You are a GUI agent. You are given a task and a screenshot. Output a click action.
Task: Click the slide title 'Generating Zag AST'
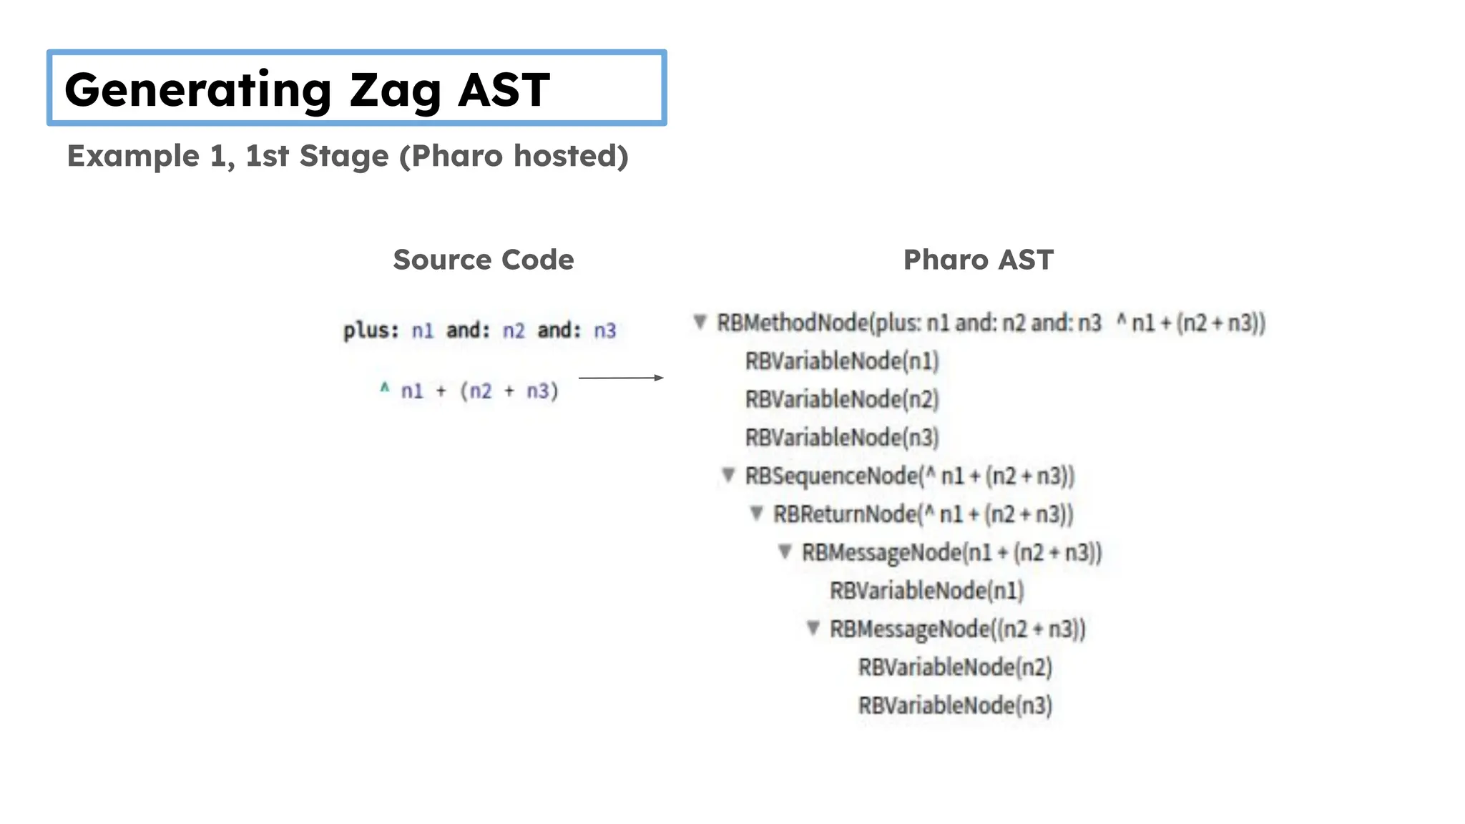click(308, 89)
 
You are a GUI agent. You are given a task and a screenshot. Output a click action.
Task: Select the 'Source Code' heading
click(484, 260)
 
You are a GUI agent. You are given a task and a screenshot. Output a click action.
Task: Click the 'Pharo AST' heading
click(978, 260)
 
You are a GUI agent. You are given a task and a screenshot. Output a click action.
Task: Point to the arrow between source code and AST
click(620, 378)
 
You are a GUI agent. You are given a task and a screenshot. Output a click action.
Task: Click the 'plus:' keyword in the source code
click(371, 330)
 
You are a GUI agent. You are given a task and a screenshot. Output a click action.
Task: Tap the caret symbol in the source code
click(385, 388)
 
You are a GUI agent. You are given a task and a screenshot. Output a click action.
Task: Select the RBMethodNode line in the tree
click(991, 323)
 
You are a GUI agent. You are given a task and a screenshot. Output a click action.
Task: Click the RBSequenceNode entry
click(909, 476)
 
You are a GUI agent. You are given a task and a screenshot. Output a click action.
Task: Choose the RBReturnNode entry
click(923, 514)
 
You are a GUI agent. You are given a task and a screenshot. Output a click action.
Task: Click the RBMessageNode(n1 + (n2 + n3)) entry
click(951, 552)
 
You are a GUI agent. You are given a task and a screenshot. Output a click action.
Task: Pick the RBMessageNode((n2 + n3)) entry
click(957, 629)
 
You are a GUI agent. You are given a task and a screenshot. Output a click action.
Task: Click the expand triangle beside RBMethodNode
click(700, 322)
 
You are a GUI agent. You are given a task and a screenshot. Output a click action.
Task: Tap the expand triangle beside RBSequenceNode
click(728, 475)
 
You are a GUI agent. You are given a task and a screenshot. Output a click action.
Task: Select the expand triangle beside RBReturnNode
click(756, 513)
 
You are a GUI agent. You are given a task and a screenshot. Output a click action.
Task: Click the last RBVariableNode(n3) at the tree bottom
click(955, 705)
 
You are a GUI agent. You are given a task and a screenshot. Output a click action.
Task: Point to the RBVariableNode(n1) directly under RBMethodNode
click(842, 361)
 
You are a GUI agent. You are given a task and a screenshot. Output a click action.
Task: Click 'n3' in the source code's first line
click(604, 330)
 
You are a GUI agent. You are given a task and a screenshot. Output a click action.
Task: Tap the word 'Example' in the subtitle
click(133, 156)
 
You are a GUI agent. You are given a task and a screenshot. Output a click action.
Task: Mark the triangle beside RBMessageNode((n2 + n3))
click(813, 628)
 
